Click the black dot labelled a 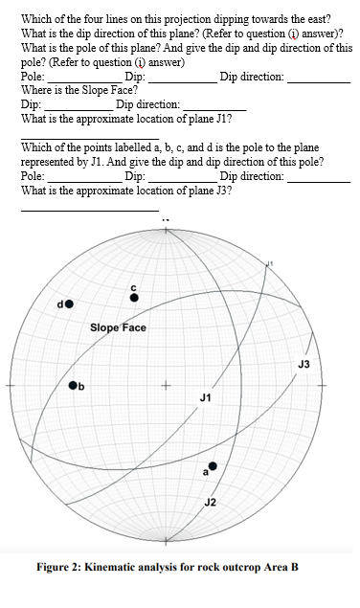coord(214,466)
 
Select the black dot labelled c coord(134,298)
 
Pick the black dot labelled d coord(70,304)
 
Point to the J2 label coord(211,502)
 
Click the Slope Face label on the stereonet coord(118,327)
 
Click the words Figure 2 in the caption coord(58,567)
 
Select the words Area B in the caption coord(281,567)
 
